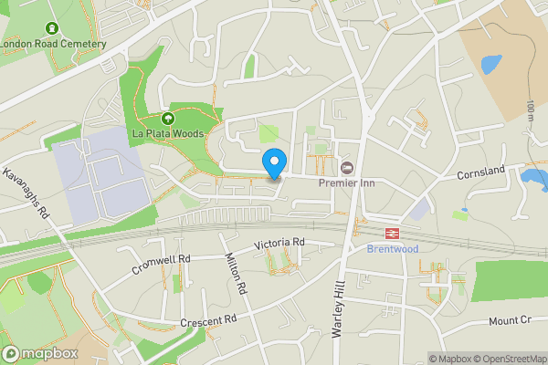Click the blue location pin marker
[x=273, y=163]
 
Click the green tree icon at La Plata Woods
[x=167, y=119]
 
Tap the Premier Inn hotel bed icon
[x=347, y=167]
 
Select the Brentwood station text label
[x=393, y=248]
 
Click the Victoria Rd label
[x=279, y=243]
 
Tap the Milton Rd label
[x=237, y=274]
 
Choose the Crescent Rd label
[x=208, y=320]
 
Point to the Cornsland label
[x=482, y=172]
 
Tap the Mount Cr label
[x=510, y=320]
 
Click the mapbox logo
[x=39, y=353]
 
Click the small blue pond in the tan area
[x=490, y=64]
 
